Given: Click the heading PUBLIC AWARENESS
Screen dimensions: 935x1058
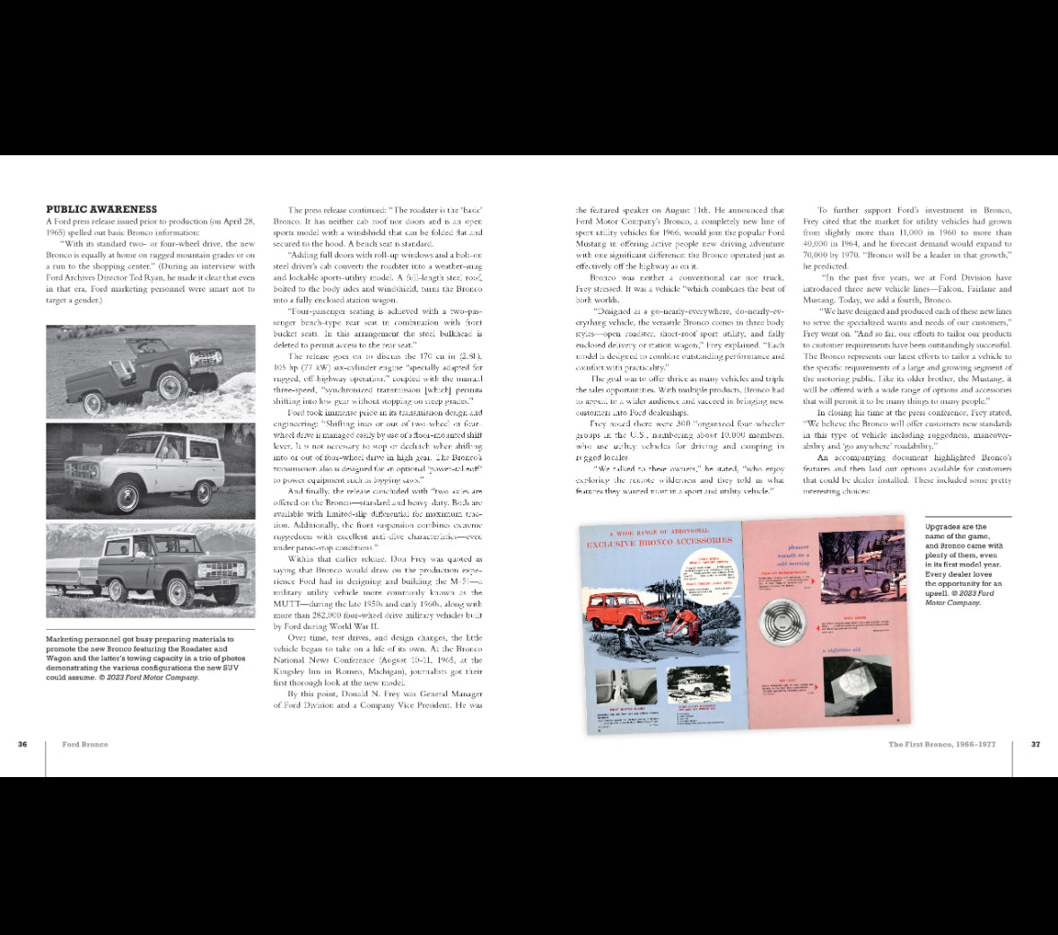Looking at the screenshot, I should coord(101,209).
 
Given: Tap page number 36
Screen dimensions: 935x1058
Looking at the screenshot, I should coord(22,744).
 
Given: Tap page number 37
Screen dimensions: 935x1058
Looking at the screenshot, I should coord(1035,744).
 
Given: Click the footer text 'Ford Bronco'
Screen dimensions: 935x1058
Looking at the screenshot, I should coord(85,744).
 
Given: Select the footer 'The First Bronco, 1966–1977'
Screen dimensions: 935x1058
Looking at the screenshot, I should coord(941,744).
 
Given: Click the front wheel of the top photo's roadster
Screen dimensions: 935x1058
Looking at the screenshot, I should coord(170,389).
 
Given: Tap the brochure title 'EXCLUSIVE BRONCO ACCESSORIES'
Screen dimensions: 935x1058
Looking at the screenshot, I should coord(659,542).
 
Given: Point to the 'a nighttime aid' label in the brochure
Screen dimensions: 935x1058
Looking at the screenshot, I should coord(843,650).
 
